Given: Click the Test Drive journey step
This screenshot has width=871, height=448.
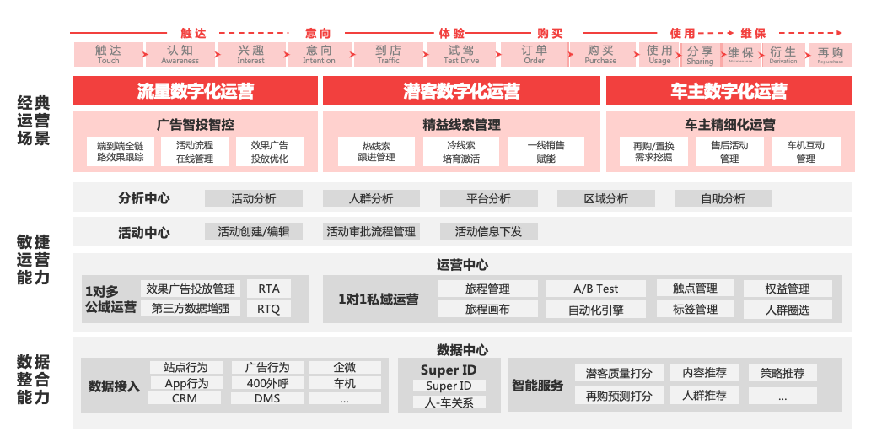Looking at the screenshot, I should click(461, 55).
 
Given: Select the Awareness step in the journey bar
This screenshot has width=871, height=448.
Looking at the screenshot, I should click(180, 55).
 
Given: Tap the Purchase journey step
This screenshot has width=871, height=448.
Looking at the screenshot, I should click(600, 55).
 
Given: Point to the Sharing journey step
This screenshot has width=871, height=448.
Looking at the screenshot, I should click(700, 55).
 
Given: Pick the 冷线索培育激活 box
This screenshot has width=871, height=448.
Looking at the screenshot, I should click(461, 152).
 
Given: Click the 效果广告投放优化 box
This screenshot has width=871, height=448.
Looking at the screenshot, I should click(269, 152).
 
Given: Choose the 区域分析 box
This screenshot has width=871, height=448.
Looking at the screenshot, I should click(605, 199).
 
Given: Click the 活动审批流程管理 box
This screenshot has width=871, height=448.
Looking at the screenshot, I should click(371, 231).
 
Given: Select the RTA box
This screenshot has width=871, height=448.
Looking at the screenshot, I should click(269, 289).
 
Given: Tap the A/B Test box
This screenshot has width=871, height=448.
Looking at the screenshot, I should click(595, 289).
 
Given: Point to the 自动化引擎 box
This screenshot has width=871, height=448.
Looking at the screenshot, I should click(595, 310).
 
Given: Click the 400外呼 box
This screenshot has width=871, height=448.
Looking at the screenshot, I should click(267, 383).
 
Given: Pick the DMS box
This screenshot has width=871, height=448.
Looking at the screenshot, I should click(267, 398).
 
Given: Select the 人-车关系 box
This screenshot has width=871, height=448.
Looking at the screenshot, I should click(449, 402).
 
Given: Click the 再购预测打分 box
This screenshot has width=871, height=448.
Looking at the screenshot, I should click(618, 396).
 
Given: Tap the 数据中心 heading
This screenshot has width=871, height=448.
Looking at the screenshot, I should click(462, 350).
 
